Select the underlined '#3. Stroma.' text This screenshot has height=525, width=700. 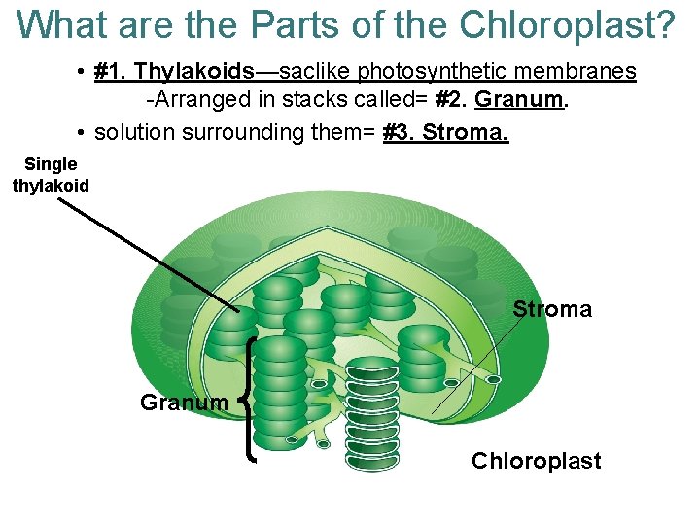pos(446,131)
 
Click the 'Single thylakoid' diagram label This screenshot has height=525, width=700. pos(51,175)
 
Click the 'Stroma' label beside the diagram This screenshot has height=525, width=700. pos(551,309)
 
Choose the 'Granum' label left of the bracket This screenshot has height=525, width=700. pos(184,402)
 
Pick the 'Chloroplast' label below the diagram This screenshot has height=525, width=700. pos(536,461)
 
